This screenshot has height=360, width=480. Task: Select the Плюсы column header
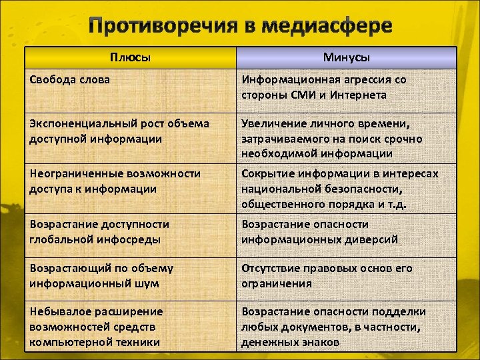[131, 58]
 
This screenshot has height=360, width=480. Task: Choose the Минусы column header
[347, 58]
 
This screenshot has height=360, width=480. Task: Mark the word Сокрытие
[265, 173]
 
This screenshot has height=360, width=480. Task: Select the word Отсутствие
[271, 268]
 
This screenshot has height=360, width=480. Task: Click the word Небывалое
[59, 311]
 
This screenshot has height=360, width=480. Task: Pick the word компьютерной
[65, 342]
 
